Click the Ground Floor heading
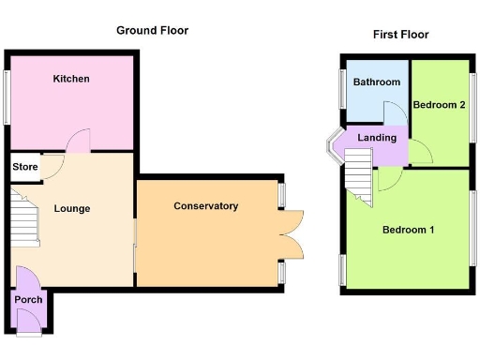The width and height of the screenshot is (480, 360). coord(152,30)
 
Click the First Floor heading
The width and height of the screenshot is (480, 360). coord(400,35)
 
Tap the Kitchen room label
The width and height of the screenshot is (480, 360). coord(71,79)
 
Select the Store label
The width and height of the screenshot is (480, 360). coord(25,167)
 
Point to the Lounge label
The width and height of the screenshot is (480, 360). coord(72,208)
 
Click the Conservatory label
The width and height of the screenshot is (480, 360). coord(206,206)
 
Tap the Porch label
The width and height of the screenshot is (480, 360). coord(27,300)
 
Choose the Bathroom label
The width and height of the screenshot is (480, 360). coord(376,82)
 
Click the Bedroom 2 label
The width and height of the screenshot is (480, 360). coord(440,104)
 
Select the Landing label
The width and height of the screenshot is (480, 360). coord(377,138)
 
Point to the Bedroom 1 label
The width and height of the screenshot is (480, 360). coord(408,229)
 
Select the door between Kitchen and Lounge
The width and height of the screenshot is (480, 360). coord(78,142)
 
